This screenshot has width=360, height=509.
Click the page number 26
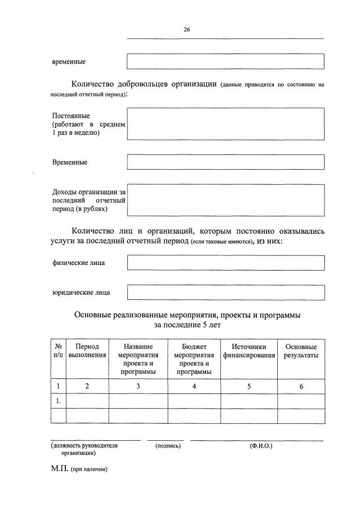(186, 30)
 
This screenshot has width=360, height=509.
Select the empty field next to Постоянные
(225, 123)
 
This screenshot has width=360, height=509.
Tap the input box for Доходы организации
(225, 200)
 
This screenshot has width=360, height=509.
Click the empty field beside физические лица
(225, 263)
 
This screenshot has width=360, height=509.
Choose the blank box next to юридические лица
(225, 292)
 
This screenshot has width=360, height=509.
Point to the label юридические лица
(81, 293)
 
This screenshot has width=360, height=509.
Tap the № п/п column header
(58, 351)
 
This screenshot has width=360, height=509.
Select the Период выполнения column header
(87, 351)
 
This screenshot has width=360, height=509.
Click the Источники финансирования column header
(248, 351)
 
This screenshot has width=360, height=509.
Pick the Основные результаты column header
(301, 351)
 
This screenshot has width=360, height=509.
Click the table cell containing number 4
(194, 386)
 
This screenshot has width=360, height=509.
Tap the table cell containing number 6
(301, 386)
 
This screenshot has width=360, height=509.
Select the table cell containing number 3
(138, 386)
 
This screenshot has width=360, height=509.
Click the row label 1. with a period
(58, 401)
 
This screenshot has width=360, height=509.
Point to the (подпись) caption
(167, 445)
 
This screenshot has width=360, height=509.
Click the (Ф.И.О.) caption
(261, 445)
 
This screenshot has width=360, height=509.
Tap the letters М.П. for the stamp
(60, 468)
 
